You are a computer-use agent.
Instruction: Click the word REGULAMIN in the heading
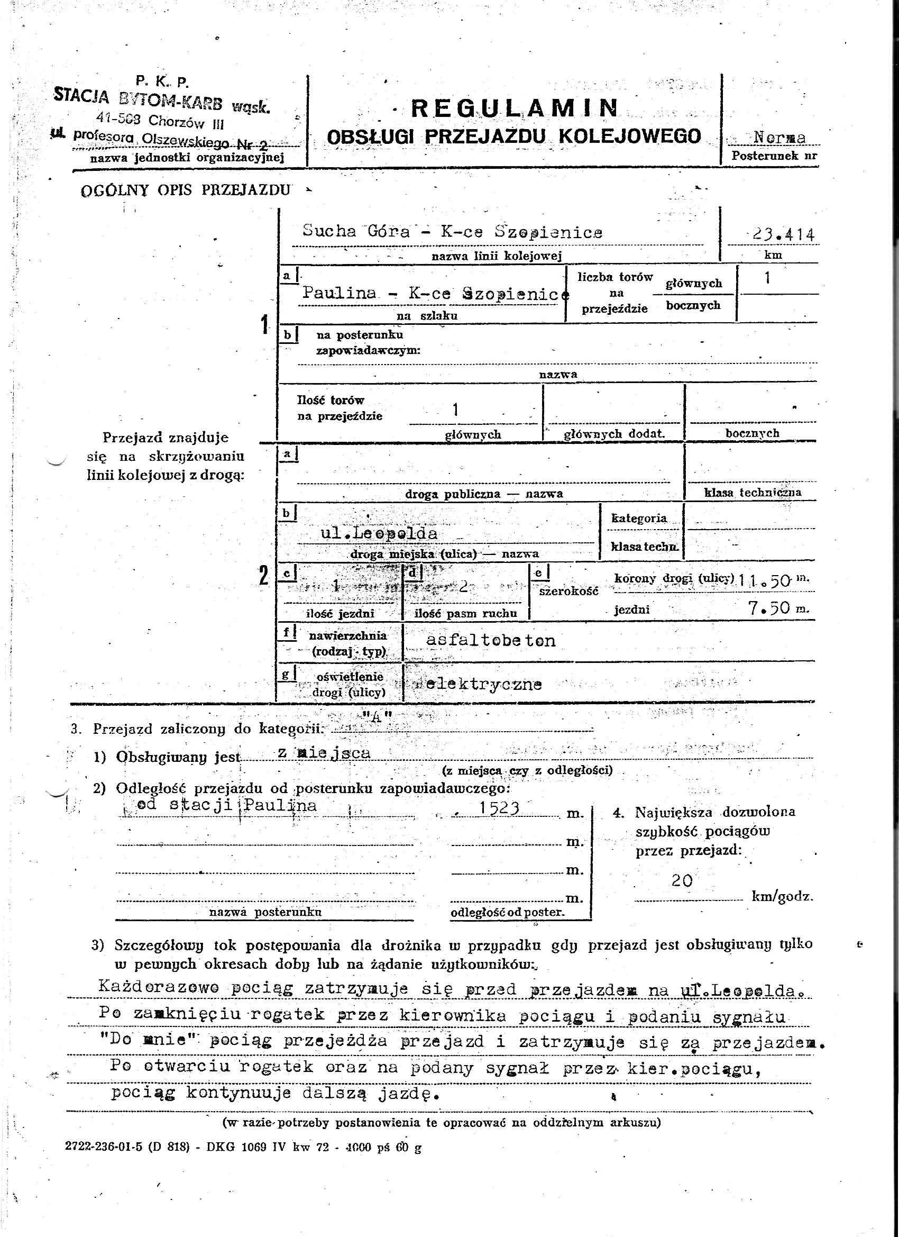click(x=514, y=108)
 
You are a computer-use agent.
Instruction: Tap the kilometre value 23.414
click(x=784, y=235)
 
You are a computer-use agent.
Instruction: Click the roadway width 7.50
click(x=770, y=607)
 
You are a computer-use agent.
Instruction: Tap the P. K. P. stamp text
click(x=162, y=83)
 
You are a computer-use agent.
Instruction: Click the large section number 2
click(x=264, y=577)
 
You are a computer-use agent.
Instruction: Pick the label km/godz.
click(x=782, y=896)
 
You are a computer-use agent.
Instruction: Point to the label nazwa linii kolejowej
click(x=496, y=256)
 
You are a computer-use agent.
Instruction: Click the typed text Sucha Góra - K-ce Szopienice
click(x=453, y=232)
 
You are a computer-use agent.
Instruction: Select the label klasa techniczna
click(x=753, y=493)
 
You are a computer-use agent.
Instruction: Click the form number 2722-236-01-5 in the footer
click(x=103, y=1147)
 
